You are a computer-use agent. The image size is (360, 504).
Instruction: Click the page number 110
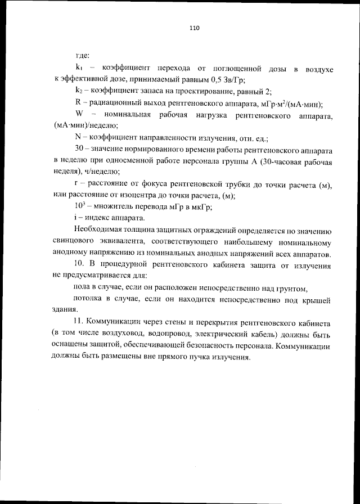point(195,28)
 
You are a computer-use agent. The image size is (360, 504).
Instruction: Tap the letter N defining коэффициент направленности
point(78,137)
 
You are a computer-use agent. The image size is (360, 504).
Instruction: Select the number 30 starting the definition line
point(79,150)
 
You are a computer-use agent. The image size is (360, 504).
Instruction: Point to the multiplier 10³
point(80,206)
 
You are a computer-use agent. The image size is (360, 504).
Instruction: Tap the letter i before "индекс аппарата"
point(76,218)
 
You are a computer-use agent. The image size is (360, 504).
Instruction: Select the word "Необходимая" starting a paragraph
point(98,231)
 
